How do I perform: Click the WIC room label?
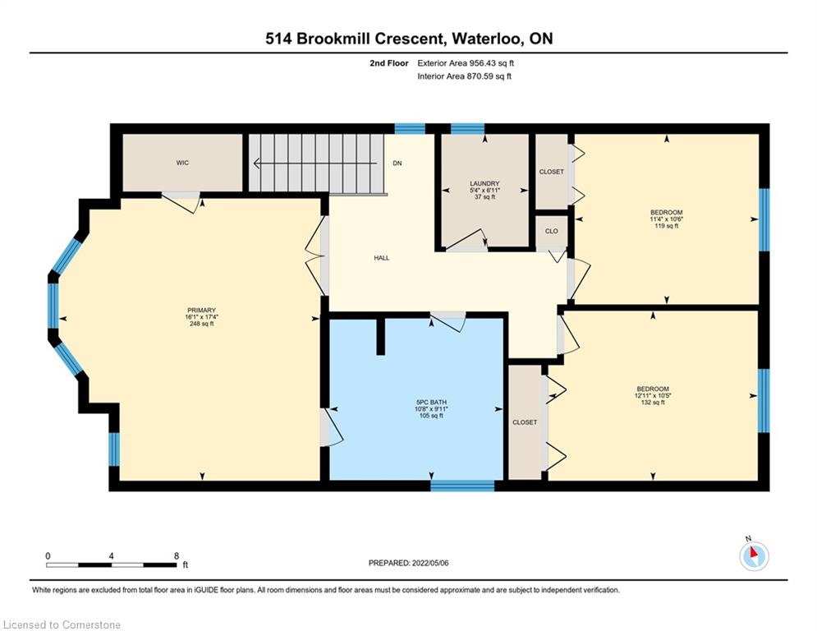tap(182, 163)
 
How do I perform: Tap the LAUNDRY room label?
tap(484, 183)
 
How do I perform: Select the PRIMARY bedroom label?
tap(202, 311)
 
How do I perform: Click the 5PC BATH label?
tap(431, 403)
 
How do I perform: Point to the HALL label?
tap(382, 258)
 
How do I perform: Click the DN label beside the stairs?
tap(397, 164)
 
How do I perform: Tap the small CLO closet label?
tap(552, 231)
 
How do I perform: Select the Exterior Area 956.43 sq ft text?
tap(466, 63)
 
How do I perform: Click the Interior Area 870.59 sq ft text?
tap(464, 76)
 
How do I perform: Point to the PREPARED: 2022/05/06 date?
tap(409, 563)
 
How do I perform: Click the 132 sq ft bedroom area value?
tap(653, 403)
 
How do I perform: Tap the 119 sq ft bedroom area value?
tap(667, 226)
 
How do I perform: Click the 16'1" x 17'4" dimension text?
tap(202, 317)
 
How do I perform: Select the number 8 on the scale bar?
tap(177, 556)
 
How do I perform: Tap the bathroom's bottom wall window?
tap(462, 486)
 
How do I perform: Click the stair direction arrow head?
tap(257, 164)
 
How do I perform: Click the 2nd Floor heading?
tap(389, 63)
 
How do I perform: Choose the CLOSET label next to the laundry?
tap(552, 172)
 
